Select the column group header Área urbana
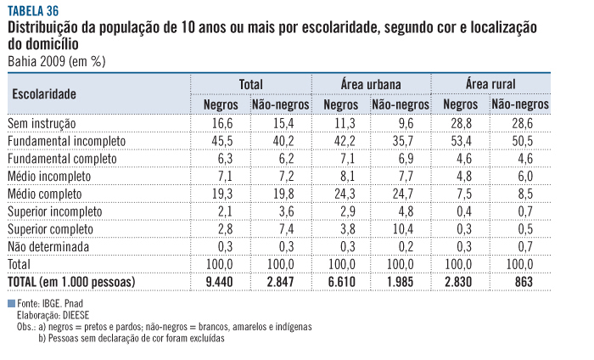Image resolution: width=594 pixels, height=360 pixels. click(371, 84)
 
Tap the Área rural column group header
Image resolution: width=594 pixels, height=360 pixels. click(490, 84)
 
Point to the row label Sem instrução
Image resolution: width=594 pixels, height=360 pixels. click(42, 123)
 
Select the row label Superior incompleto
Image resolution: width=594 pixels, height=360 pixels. click(54, 211)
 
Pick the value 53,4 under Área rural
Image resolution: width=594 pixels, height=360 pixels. click(459, 141)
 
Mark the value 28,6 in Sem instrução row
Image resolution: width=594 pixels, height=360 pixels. click(520, 123)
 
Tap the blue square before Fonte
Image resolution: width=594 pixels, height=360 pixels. click(11, 303)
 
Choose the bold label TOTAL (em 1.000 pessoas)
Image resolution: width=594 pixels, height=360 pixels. click(71, 281)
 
